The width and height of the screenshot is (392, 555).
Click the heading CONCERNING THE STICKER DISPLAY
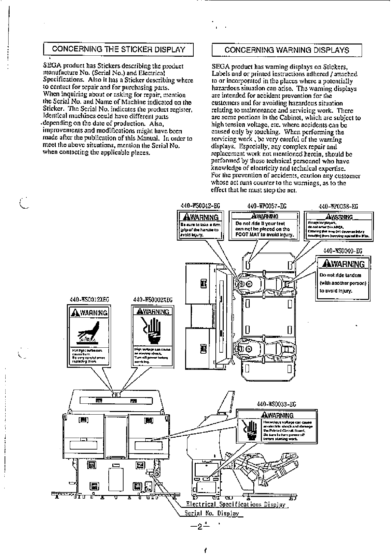(119, 50)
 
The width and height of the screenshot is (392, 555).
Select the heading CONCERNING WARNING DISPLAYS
(287, 50)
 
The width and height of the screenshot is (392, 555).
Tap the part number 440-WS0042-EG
(200, 206)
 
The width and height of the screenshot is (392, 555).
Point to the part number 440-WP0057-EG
(267, 206)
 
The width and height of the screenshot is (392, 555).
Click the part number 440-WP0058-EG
(338, 207)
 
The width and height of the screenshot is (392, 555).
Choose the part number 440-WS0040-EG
(343, 251)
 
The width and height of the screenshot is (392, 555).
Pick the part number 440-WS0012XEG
(89, 300)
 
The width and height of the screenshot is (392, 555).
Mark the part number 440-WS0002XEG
(153, 300)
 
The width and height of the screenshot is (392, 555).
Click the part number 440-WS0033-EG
(276, 404)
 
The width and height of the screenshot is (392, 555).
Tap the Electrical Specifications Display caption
(236, 504)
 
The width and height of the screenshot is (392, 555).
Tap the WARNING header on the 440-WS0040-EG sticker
(343, 264)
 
